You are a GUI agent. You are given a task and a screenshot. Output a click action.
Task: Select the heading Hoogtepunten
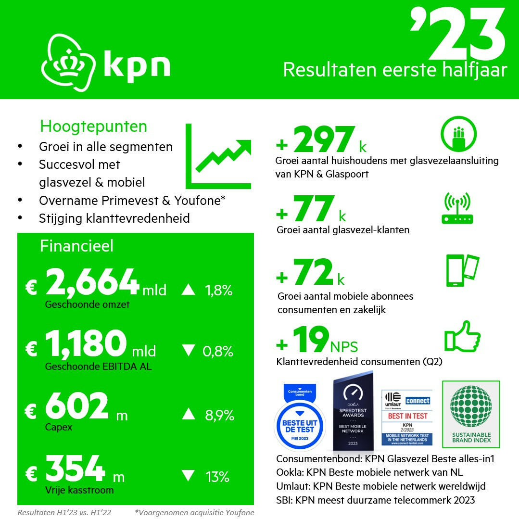(x=93, y=127)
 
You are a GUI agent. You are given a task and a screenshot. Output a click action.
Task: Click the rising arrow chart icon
(x=219, y=157)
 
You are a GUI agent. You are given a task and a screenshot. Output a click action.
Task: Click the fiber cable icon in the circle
(x=458, y=133)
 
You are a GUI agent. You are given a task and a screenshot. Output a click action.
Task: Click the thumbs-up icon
(x=462, y=336)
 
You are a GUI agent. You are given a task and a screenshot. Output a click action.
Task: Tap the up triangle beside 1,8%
(x=188, y=290)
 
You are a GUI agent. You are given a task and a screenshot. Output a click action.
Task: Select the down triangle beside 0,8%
(x=188, y=351)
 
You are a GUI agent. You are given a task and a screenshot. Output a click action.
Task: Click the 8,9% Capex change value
(x=219, y=415)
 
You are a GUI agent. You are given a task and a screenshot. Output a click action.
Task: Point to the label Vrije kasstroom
(x=79, y=490)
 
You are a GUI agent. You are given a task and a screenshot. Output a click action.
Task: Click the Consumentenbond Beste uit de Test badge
(x=300, y=417)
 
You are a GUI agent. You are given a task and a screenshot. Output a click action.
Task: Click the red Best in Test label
(x=407, y=416)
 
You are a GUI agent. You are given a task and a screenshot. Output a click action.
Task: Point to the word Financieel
(x=76, y=246)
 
